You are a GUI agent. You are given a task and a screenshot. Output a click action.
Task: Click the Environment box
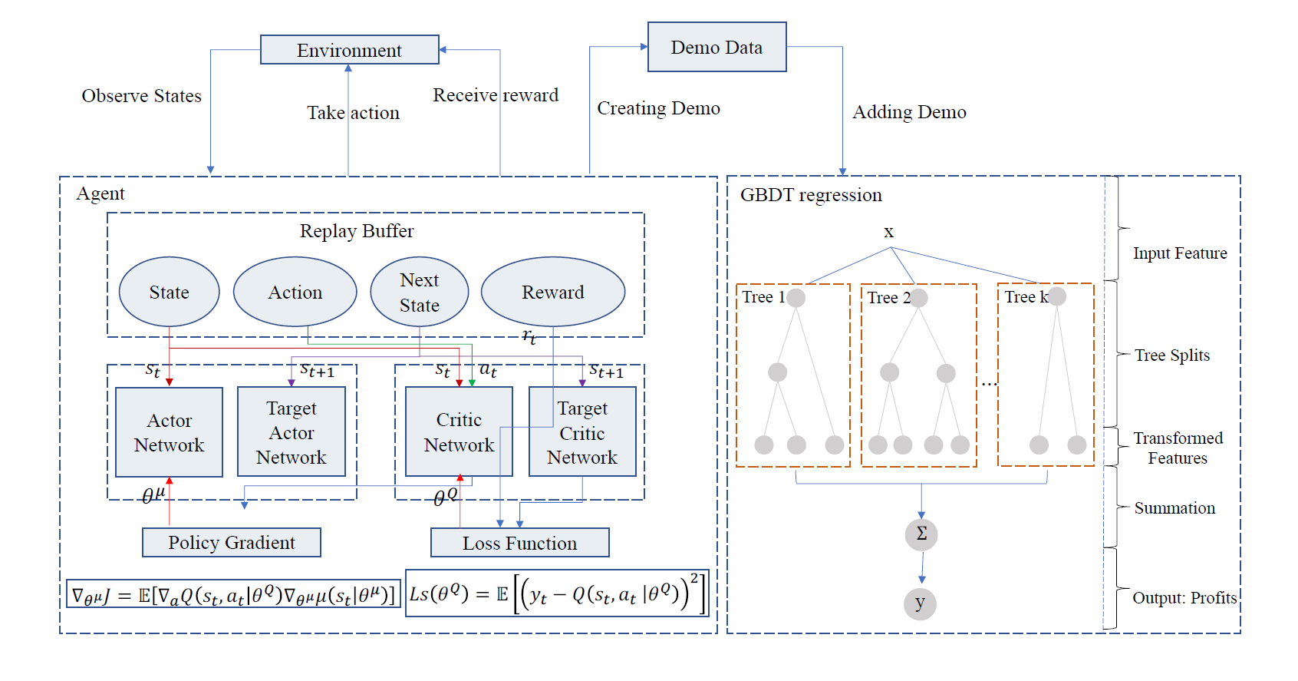click(x=349, y=50)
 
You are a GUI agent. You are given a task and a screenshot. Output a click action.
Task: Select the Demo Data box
click(x=717, y=48)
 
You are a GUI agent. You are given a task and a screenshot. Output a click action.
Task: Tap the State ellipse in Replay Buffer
click(x=169, y=293)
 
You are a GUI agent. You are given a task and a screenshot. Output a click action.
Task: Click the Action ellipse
click(x=295, y=293)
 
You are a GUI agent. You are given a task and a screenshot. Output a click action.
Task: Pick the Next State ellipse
click(x=419, y=293)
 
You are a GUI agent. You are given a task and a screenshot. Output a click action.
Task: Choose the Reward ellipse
click(x=552, y=293)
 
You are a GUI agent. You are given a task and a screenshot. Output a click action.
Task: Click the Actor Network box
click(x=169, y=432)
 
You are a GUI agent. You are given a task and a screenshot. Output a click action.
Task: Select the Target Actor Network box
click(x=291, y=432)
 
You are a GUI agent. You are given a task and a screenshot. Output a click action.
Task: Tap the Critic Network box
click(x=459, y=432)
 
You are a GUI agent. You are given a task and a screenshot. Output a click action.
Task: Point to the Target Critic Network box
click(x=582, y=432)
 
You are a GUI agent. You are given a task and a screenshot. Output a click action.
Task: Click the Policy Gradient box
click(x=231, y=543)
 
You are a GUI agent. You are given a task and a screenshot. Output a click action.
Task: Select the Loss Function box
click(x=519, y=543)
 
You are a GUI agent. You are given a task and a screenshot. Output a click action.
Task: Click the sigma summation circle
click(x=921, y=534)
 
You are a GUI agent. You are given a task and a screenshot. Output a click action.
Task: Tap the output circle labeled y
click(x=920, y=603)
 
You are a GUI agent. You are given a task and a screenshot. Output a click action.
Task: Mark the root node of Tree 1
click(x=796, y=298)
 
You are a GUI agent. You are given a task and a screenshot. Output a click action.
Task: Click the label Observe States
click(x=141, y=96)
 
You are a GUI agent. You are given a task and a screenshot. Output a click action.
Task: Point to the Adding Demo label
click(x=909, y=112)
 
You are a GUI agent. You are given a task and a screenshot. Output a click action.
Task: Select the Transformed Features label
click(x=1178, y=448)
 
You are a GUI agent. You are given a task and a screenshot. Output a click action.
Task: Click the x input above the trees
click(x=888, y=233)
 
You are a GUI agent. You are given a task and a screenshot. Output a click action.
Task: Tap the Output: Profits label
click(x=1184, y=598)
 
